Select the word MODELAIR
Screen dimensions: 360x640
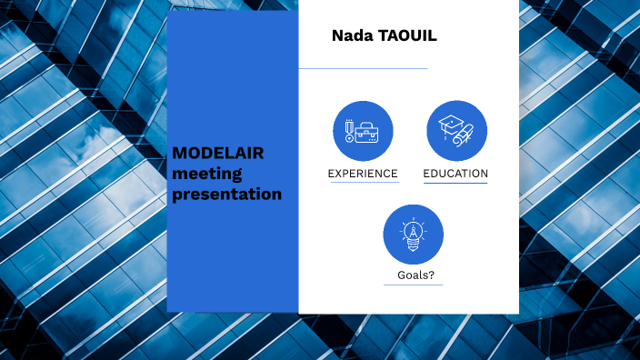[x=218, y=153]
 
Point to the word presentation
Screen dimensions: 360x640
[x=227, y=194]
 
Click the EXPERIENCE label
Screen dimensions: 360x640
[x=363, y=174]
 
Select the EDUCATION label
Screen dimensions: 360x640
[x=455, y=174]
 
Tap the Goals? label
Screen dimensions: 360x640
[x=413, y=275]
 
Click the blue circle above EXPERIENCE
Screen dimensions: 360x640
[x=363, y=131]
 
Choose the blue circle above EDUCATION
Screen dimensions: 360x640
[x=456, y=131]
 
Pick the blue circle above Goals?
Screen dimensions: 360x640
[x=413, y=235]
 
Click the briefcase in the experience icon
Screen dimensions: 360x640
[x=368, y=134]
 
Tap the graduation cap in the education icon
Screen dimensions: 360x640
[x=450, y=125]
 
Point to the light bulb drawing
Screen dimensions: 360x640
[x=413, y=235]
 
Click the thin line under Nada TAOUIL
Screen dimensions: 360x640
[x=363, y=68]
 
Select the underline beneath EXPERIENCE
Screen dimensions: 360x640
[x=363, y=183]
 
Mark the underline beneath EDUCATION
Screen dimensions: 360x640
[x=455, y=183]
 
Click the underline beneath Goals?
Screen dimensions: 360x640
[x=413, y=285]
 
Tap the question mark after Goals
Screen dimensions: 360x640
[x=428, y=275]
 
